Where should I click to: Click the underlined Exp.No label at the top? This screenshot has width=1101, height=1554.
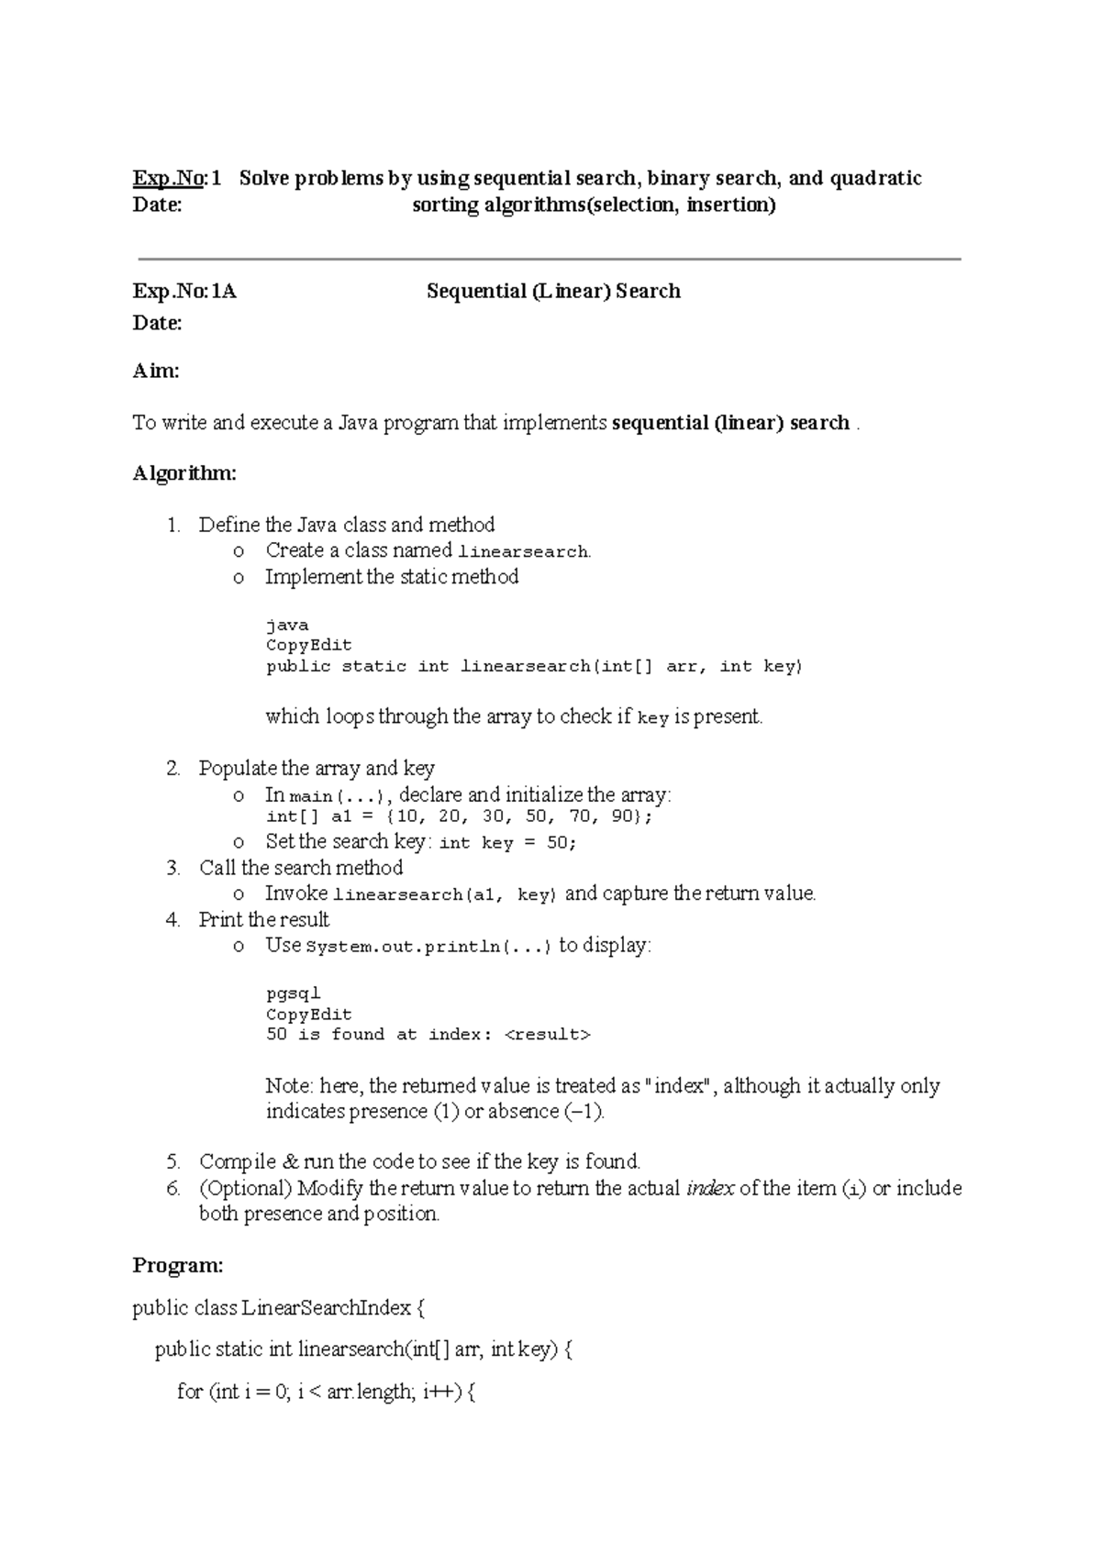pyautogui.click(x=166, y=178)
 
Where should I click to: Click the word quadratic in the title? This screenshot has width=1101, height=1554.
pyautogui.click(x=875, y=178)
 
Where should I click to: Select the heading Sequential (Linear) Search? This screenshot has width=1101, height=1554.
pyautogui.click(x=553, y=292)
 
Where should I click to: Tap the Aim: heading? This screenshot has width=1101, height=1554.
pyautogui.click(x=155, y=372)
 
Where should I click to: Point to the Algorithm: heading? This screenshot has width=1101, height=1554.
pyautogui.click(x=184, y=473)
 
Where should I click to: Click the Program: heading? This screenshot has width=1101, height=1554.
pyautogui.click(x=178, y=1266)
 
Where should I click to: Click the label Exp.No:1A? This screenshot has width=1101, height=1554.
pyautogui.click(x=184, y=292)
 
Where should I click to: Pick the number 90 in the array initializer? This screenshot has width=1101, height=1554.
pyautogui.click(x=626, y=816)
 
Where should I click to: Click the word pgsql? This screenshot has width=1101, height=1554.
pyautogui.click(x=293, y=993)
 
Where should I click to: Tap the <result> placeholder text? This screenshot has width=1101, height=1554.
pyautogui.click(x=548, y=1035)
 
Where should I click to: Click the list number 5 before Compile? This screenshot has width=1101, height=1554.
pyautogui.click(x=173, y=1162)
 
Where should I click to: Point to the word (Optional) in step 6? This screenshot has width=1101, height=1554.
pyautogui.click(x=245, y=1189)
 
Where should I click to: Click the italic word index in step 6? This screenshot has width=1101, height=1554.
pyautogui.click(x=710, y=1189)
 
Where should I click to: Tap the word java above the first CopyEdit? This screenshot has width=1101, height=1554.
pyautogui.click(x=286, y=626)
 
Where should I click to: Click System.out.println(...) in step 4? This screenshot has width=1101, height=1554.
pyautogui.click(x=428, y=947)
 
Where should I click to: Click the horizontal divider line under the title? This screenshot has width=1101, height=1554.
pyautogui.click(x=549, y=260)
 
